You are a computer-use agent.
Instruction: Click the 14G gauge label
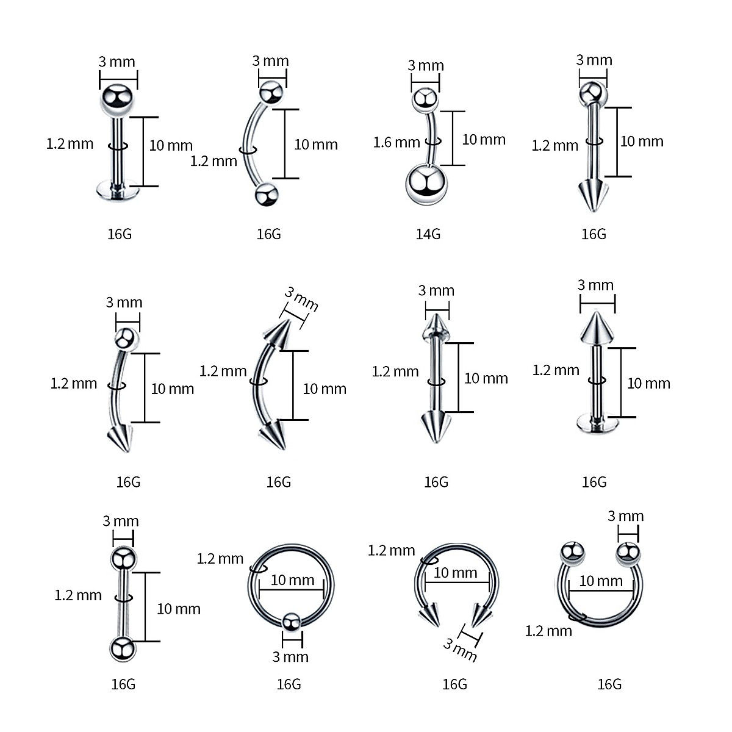coord(428,234)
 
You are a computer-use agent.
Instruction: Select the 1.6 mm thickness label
coord(396,143)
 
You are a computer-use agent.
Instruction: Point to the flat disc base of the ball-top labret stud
coord(118,192)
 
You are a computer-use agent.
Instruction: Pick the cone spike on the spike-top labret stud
coord(596,328)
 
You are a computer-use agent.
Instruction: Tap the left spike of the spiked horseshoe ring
coord(431,612)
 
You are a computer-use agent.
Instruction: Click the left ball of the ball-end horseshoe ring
coord(572,552)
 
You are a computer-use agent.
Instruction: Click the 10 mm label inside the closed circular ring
coord(292,579)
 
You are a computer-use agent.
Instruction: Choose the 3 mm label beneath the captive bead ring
coord(290,657)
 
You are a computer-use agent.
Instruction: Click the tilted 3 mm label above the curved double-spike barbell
coord(301,300)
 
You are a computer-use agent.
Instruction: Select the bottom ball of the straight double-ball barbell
coord(123,648)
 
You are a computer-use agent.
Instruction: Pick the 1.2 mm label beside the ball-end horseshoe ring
coord(548,631)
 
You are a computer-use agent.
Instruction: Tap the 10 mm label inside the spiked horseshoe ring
coord(455,573)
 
